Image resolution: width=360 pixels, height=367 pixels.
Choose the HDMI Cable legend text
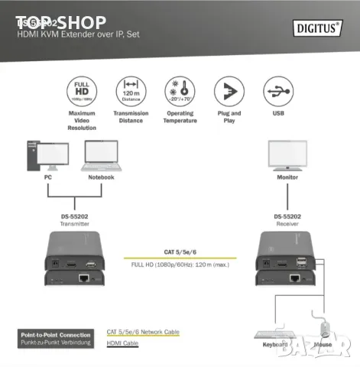click(x=122, y=343)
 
